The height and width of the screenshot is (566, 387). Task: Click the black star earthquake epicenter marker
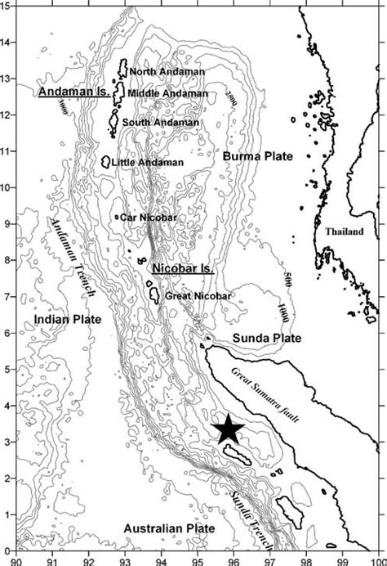click(229, 428)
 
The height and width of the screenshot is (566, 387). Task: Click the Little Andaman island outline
click(106, 162)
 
